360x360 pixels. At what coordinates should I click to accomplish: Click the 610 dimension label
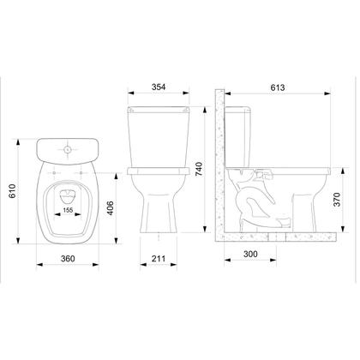click(x=13, y=191)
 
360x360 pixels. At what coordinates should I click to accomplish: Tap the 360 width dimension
click(x=68, y=259)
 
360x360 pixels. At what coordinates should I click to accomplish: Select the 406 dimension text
click(x=111, y=208)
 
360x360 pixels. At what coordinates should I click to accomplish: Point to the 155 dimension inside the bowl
click(x=68, y=210)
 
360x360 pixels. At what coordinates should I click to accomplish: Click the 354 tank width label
click(x=159, y=87)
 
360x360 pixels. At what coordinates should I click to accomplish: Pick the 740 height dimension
click(x=199, y=169)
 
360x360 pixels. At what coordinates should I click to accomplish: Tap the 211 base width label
click(x=159, y=259)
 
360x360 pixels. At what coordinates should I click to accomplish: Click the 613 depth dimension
click(x=278, y=87)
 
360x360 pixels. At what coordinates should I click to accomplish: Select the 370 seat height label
click(x=337, y=200)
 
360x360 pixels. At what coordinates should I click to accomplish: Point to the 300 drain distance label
click(x=250, y=254)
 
